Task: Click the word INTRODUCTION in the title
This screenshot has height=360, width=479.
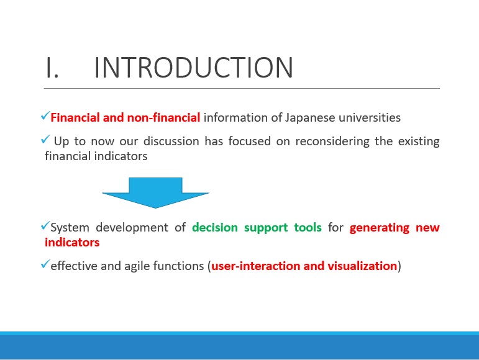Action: click(x=194, y=68)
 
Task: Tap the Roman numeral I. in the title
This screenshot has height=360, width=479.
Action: click(x=52, y=68)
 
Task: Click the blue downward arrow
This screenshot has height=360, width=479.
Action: click(x=155, y=193)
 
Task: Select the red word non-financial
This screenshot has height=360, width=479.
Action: click(x=163, y=117)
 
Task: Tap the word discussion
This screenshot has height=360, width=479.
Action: click(x=171, y=141)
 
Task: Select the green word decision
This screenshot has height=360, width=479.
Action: click(x=215, y=227)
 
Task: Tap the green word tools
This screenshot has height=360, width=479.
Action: click(x=308, y=227)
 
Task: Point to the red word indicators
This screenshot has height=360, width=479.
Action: click(x=72, y=242)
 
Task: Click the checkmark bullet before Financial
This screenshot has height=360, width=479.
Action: click(x=45, y=116)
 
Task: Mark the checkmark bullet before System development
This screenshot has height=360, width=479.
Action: click(x=45, y=226)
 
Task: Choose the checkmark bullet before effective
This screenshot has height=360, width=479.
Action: click(x=45, y=264)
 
